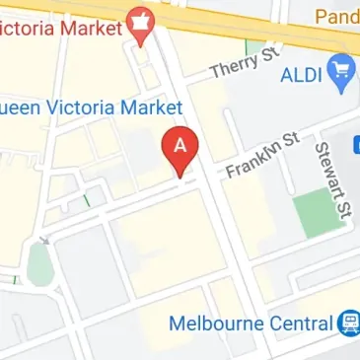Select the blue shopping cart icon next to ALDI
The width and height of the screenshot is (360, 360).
(x=343, y=71)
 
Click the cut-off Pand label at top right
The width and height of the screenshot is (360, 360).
(x=338, y=16)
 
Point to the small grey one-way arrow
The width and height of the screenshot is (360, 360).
(x=42, y=239)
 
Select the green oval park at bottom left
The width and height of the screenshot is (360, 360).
(x=38, y=263)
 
